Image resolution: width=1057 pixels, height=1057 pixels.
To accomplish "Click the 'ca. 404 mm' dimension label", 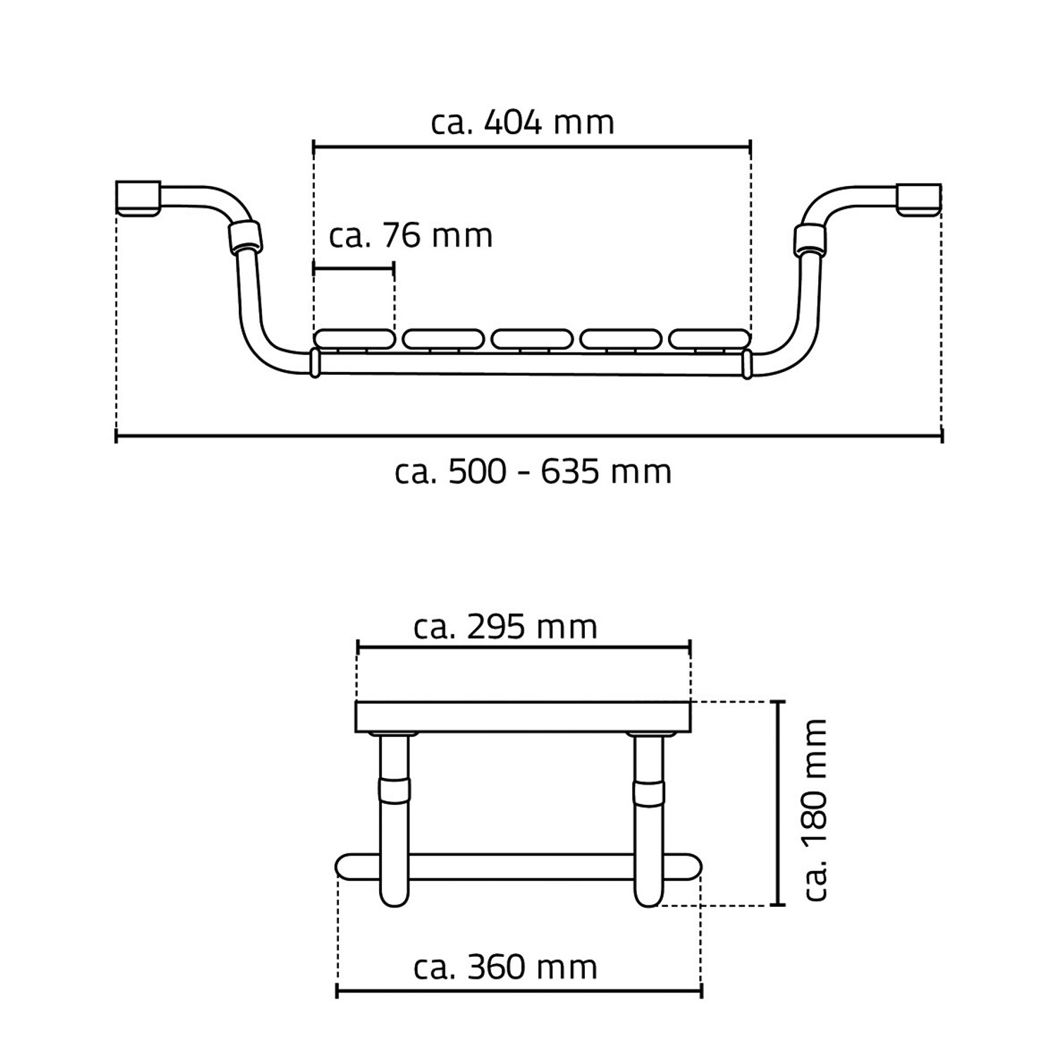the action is click(523, 123).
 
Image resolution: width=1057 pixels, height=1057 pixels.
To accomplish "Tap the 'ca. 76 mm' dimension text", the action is click(411, 235).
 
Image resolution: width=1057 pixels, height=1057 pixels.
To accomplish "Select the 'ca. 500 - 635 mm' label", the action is click(533, 471).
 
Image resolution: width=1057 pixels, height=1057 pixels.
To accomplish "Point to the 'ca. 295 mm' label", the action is click(506, 626).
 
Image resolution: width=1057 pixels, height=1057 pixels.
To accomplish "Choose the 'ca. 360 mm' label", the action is click(506, 967).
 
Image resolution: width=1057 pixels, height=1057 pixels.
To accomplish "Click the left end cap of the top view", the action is click(138, 199).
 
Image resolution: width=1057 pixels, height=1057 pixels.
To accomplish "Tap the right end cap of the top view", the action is click(919, 199).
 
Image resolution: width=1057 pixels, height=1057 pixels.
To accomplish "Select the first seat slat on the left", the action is click(354, 339).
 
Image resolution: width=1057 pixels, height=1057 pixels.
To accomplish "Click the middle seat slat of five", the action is click(531, 339).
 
